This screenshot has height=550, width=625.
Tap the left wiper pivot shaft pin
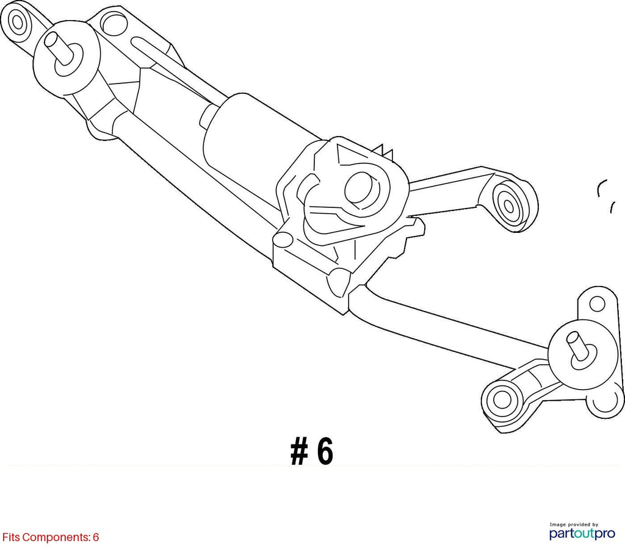click(58, 47)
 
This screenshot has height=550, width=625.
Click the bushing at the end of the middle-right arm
click(508, 205)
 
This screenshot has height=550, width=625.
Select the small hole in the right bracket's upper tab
click(597, 304)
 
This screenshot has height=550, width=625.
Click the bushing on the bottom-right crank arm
click(502, 398)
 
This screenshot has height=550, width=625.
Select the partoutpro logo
click(582, 534)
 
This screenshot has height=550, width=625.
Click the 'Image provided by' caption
click(574, 524)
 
